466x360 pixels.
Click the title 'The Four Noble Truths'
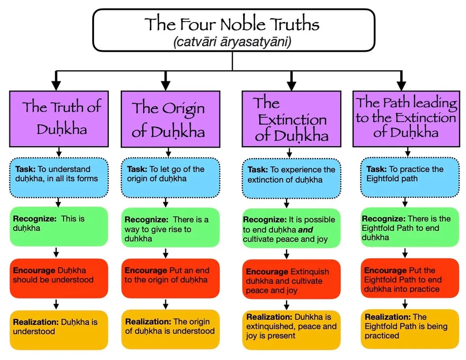pos(232,24)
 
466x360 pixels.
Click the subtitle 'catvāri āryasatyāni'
pos(232,41)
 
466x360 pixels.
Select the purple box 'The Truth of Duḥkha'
pos(59,119)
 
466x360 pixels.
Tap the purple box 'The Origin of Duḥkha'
pos(171,119)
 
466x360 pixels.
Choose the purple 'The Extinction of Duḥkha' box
pos(291,119)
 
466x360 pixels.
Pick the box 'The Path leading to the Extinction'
pos(406,119)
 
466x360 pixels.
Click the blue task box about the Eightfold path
pos(410,178)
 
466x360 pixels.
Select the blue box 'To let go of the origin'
pos(171,178)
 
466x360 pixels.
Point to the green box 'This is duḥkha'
pos(59,226)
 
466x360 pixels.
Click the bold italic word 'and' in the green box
pos(306,229)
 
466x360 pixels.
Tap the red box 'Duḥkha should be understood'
pos(59,278)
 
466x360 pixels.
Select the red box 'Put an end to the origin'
pos(171,278)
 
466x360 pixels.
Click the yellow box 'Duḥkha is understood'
pos(59,330)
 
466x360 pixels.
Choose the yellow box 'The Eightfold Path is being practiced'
pos(410,329)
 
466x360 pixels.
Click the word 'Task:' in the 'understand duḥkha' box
pos(25,169)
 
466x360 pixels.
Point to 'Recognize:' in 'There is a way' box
pos(146,220)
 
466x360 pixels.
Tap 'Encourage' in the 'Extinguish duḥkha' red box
pos(267,272)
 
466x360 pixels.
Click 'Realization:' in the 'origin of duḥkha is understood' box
pos(148,322)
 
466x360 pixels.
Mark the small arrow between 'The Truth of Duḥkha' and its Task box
pos(59,153)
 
